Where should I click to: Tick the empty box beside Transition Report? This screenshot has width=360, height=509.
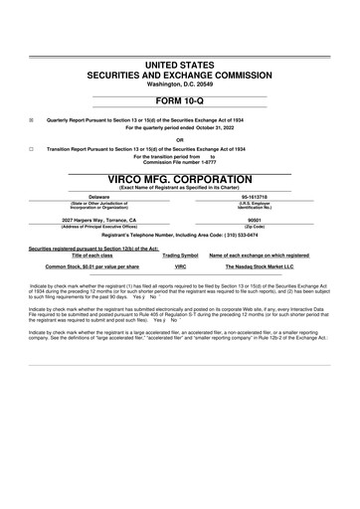32,148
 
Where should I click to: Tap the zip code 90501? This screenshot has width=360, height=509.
254,220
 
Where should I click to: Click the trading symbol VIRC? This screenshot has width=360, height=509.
181,266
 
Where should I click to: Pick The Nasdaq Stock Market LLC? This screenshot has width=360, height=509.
260,266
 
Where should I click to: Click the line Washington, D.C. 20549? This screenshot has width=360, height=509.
179,84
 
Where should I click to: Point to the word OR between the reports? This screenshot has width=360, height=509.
179,139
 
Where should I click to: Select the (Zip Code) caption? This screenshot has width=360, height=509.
254,226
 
